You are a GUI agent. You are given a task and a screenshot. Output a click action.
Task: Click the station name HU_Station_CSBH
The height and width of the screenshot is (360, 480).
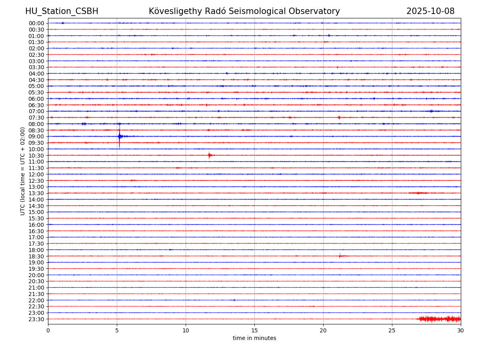[x=62, y=11]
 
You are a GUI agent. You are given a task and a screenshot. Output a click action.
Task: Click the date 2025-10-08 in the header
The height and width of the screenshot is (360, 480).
[x=430, y=11]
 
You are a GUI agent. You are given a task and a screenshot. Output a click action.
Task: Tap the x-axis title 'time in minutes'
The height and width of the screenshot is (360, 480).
[x=254, y=338]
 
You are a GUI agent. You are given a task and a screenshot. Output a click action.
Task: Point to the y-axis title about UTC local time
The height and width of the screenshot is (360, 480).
[x=23, y=171]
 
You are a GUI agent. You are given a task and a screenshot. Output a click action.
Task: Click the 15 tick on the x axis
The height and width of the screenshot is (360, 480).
[x=254, y=330]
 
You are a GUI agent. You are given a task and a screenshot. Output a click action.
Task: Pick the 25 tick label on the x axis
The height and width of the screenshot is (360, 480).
[x=392, y=330]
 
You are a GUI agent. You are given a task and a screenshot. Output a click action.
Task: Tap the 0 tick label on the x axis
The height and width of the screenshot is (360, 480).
[x=48, y=330]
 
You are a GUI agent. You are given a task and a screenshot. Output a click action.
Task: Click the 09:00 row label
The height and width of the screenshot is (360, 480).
[x=36, y=136]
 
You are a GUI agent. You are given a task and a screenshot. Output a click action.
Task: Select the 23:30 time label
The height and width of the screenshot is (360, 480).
[x=36, y=319]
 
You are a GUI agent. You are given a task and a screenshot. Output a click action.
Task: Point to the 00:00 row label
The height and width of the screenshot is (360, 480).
[x=36, y=23]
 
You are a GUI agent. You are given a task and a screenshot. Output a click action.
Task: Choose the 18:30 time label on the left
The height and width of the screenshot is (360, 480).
[x=36, y=256]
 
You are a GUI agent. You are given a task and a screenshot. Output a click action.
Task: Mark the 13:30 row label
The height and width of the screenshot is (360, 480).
[x=36, y=193]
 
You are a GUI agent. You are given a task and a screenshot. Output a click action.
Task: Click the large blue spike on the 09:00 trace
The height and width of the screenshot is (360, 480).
[x=119, y=136]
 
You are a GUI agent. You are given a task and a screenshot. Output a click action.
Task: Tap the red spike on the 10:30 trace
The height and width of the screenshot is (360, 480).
[x=209, y=155]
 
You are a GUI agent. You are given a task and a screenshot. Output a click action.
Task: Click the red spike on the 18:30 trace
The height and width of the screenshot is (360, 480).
[x=340, y=256]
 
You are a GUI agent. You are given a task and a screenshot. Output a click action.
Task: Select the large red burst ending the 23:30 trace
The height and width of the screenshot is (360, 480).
[x=438, y=319]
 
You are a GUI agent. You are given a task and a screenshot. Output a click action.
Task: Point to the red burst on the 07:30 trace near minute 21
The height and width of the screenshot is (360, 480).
[x=339, y=117]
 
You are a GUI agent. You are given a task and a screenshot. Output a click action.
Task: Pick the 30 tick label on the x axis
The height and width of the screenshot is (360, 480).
[x=461, y=330]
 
